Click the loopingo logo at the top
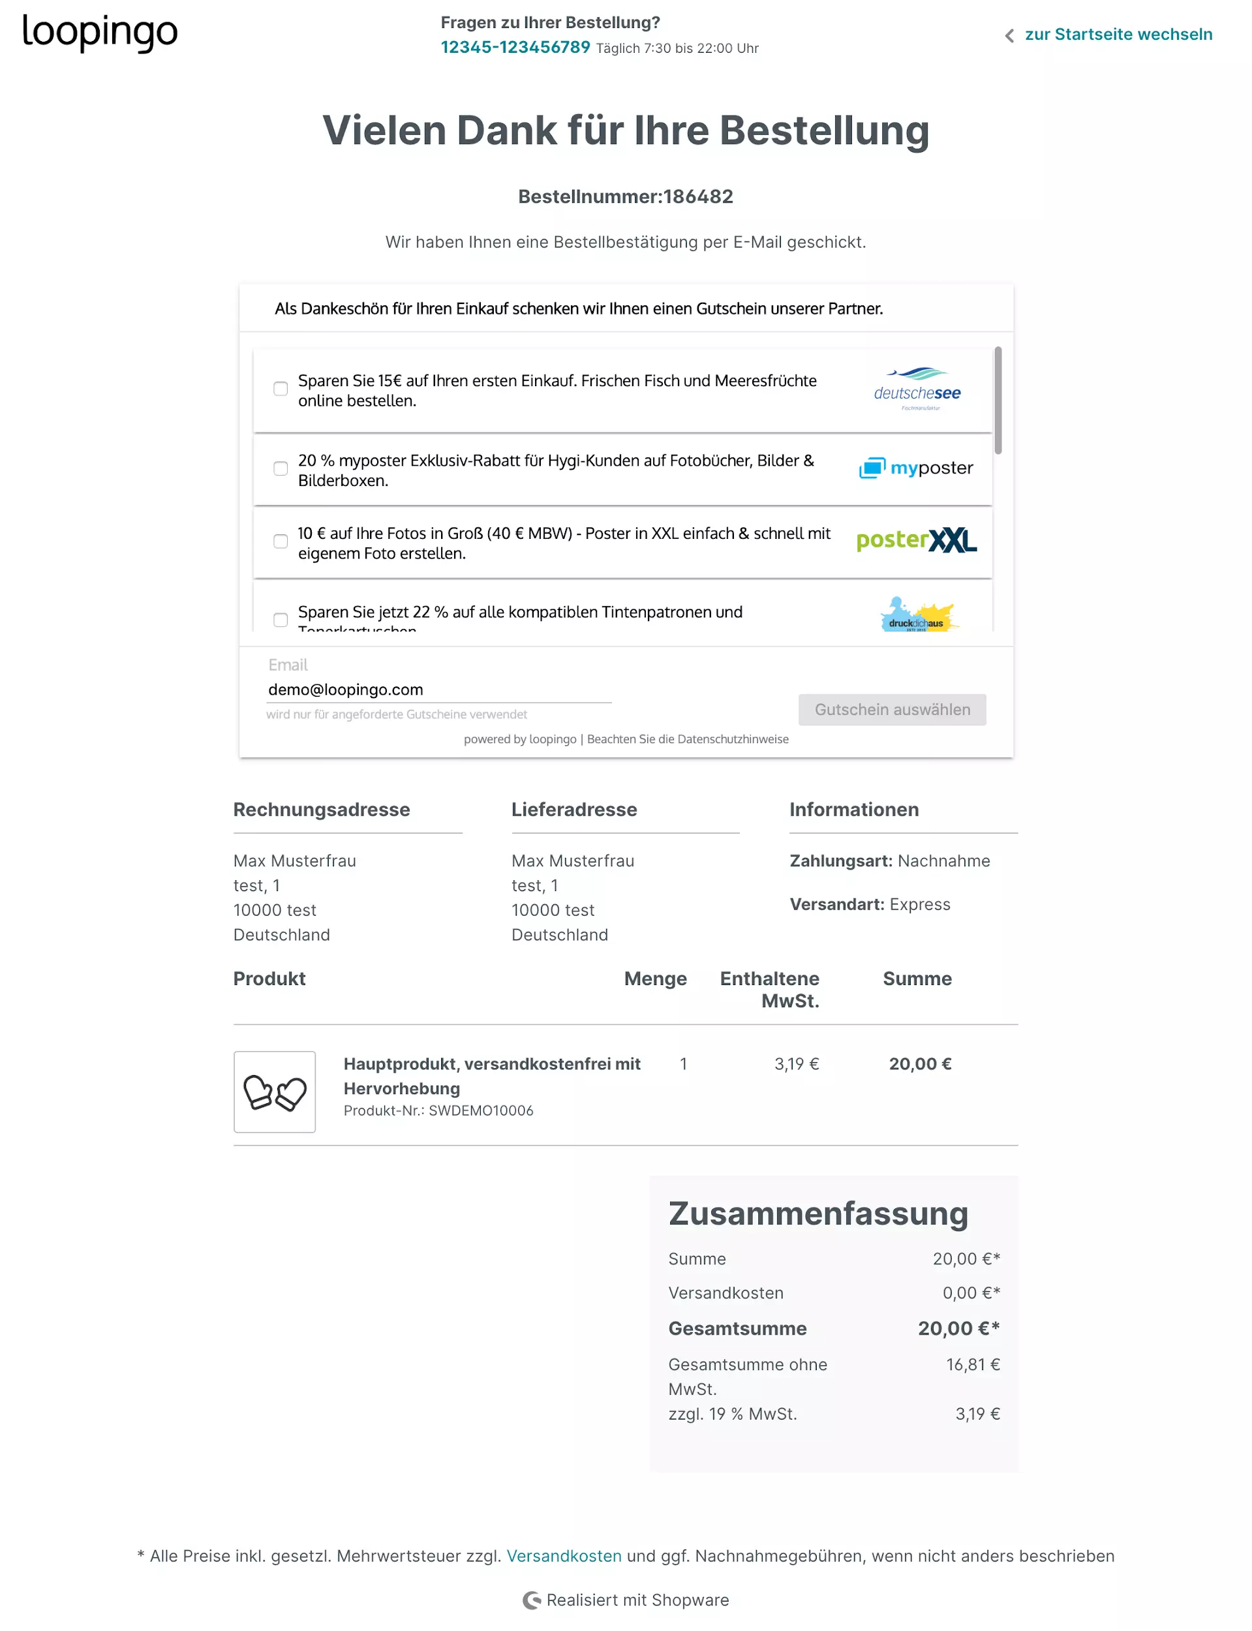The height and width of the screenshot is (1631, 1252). tap(100, 33)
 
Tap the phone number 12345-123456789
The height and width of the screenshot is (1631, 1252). tap(515, 48)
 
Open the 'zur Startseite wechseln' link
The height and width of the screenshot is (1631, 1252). tap(1117, 35)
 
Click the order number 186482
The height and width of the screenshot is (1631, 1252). tap(698, 197)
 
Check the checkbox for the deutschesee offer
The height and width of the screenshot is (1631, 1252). tap(280, 389)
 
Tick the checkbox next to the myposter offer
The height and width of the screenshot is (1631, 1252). tap(280, 468)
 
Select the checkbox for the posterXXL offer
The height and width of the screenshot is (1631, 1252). tap(280, 541)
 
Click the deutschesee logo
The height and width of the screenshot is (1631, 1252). tap(917, 389)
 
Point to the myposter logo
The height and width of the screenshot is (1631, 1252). tap(916, 468)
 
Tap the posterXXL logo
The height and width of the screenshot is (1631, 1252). tap(916, 540)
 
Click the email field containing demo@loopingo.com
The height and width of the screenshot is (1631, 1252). tap(438, 690)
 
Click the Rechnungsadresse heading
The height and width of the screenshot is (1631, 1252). tap(321, 810)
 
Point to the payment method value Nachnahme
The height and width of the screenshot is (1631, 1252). tap(943, 861)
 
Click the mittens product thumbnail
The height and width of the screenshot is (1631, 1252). tap(274, 1092)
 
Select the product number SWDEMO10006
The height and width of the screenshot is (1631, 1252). tap(481, 1111)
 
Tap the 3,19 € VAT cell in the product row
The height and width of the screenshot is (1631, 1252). tap(796, 1065)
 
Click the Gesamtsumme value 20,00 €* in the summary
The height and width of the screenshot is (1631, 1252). tap(958, 1329)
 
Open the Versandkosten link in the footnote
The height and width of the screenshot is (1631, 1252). tap(564, 1557)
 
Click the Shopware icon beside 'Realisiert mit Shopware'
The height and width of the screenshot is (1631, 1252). tap(531, 1600)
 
